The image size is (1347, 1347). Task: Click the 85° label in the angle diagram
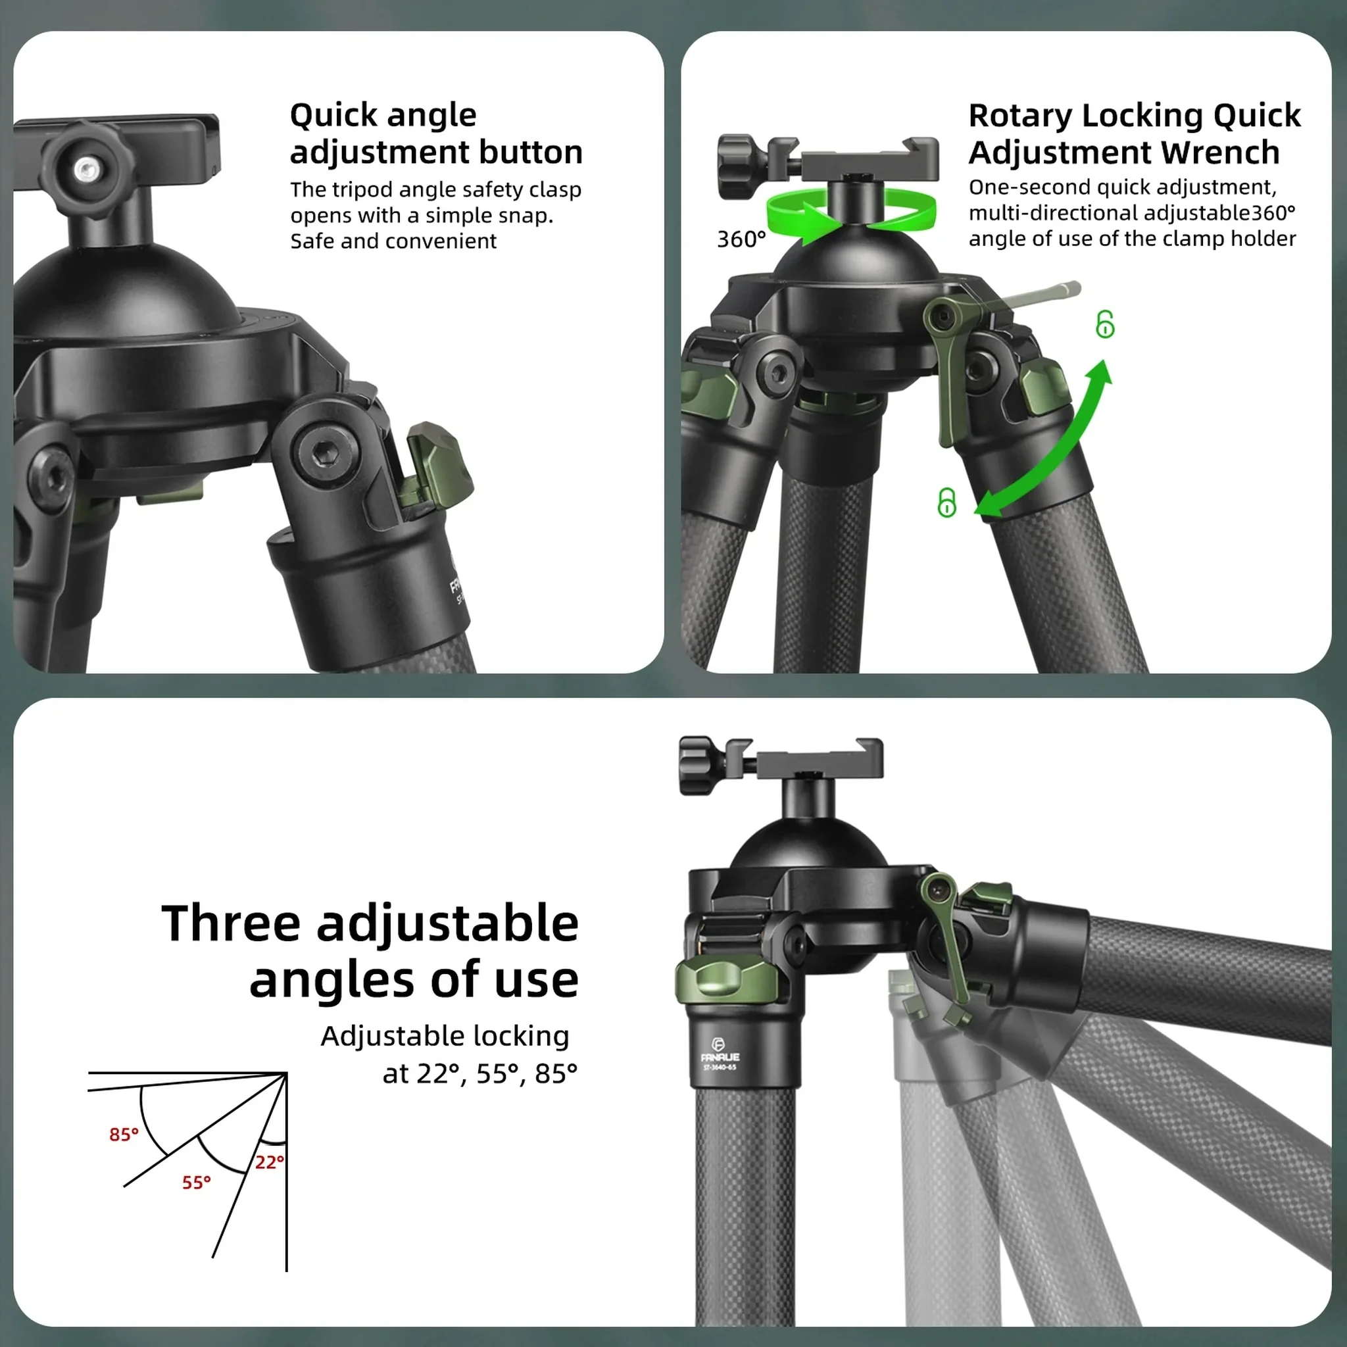coord(124,1135)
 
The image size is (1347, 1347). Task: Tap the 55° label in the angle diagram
coord(197,1183)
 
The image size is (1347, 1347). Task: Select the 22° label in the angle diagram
coord(269,1162)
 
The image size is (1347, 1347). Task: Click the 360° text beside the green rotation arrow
coord(741,239)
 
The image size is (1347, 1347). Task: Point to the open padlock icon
coord(1104,324)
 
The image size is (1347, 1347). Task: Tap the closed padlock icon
coord(946,502)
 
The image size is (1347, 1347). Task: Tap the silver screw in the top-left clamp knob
coord(85,167)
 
